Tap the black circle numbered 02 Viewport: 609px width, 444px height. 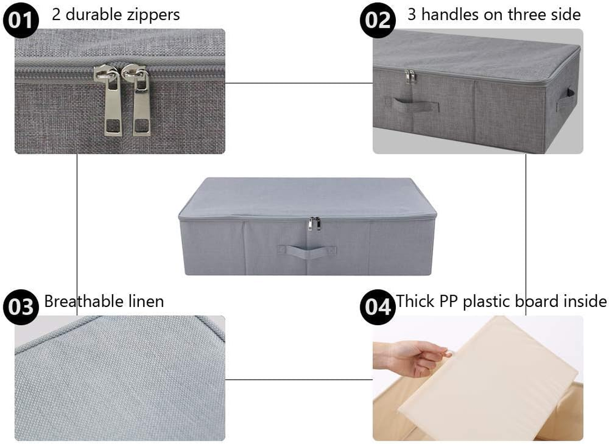377,20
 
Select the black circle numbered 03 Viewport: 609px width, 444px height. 21,306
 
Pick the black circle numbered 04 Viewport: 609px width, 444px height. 378,306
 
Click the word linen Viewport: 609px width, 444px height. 144,301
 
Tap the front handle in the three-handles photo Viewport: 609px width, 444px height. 411,104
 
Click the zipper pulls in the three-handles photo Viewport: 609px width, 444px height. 411,76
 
